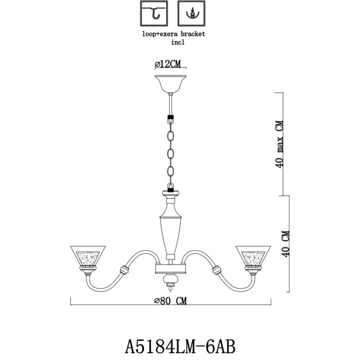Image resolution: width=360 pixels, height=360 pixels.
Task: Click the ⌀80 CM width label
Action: point(170,301)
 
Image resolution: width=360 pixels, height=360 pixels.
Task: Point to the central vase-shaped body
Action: point(171,230)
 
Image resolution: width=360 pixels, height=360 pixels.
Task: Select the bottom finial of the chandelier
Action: point(171,288)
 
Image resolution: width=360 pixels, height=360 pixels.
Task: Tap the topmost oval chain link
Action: point(170,133)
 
